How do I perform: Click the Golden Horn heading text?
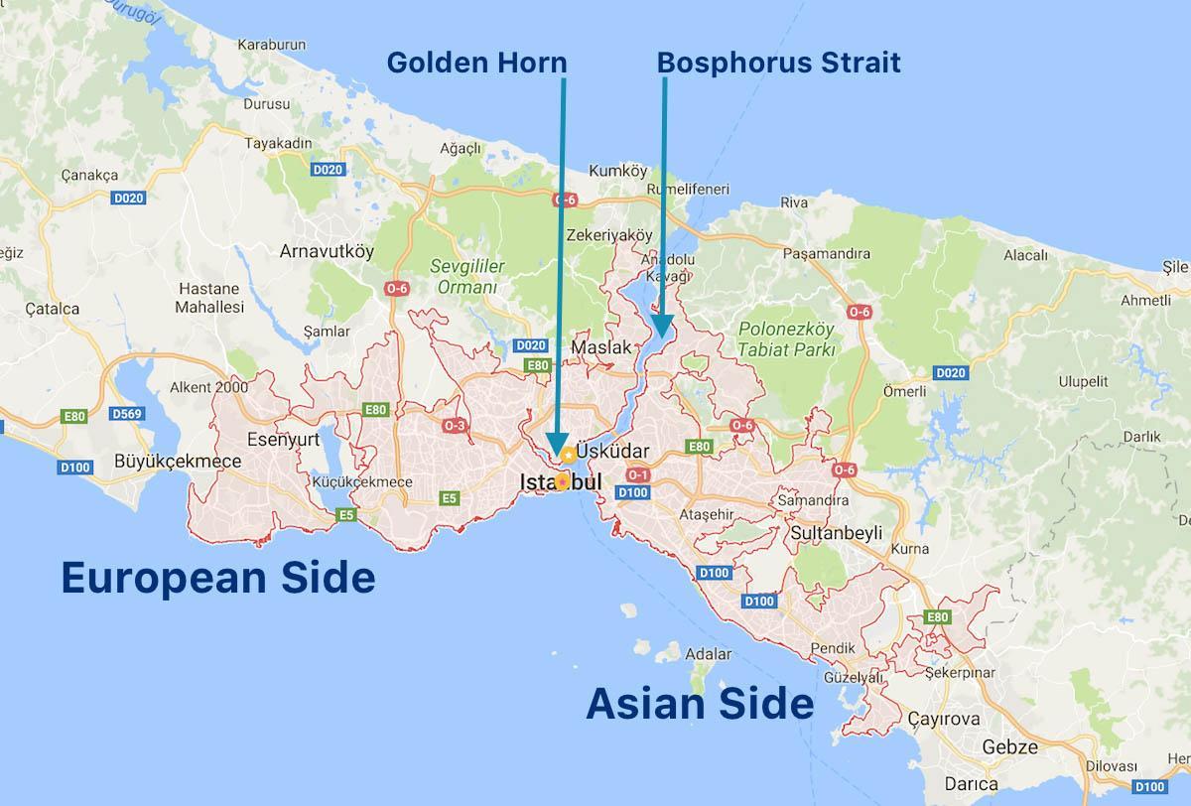click(476, 63)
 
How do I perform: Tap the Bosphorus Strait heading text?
click(778, 63)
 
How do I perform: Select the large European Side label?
click(218, 577)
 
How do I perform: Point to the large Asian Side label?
click(700, 704)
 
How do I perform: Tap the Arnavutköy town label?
click(327, 251)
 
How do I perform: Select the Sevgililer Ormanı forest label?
click(467, 276)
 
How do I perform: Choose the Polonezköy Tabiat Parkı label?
click(787, 338)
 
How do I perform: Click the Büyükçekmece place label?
click(178, 461)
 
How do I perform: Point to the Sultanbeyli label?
click(836, 533)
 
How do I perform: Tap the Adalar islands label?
click(709, 654)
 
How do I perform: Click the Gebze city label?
click(1009, 746)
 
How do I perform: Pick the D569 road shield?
click(127, 413)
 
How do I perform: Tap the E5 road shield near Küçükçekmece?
click(345, 514)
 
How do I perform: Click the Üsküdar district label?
click(612, 452)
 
